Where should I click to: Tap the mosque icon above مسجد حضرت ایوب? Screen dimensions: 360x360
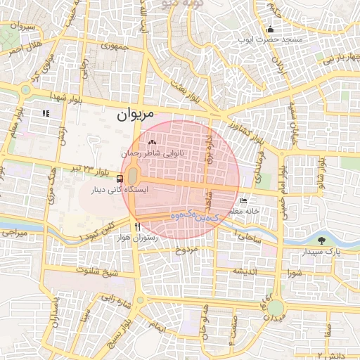pyautogui.click(x=271, y=29)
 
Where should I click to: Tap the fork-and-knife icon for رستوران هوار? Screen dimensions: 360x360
pyautogui.click(x=137, y=227)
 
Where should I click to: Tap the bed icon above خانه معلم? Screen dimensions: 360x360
pyautogui.click(x=243, y=200)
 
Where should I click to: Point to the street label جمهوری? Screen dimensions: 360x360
pyautogui.click(x=112, y=47)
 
